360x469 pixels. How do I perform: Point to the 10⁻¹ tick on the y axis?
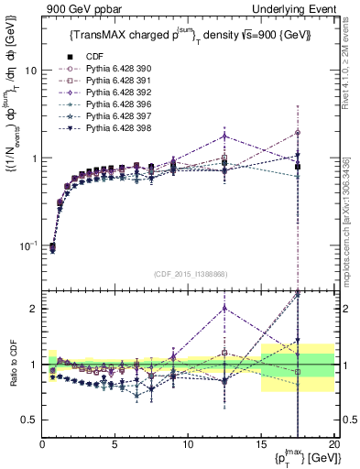point(27,245)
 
